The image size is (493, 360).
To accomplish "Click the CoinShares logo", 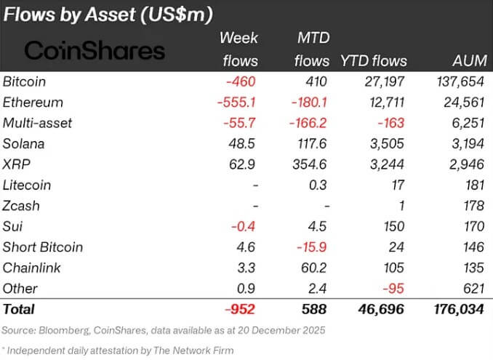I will pyautogui.click(x=95, y=50).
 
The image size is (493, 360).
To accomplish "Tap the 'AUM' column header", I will pyautogui.click(x=462, y=61).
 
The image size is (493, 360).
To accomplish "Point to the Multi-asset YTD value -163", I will pyautogui.click(x=388, y=123).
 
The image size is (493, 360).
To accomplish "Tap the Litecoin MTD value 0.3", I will pyautogui.click(x=318, y=185).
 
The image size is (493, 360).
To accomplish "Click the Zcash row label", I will pyautogui.click(x=21, y=206).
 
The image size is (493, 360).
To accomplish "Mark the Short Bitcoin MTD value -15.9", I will pyautogui.click(x=310, y=247).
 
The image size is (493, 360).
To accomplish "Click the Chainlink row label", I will pyautogui.click(x=30, y=268).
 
